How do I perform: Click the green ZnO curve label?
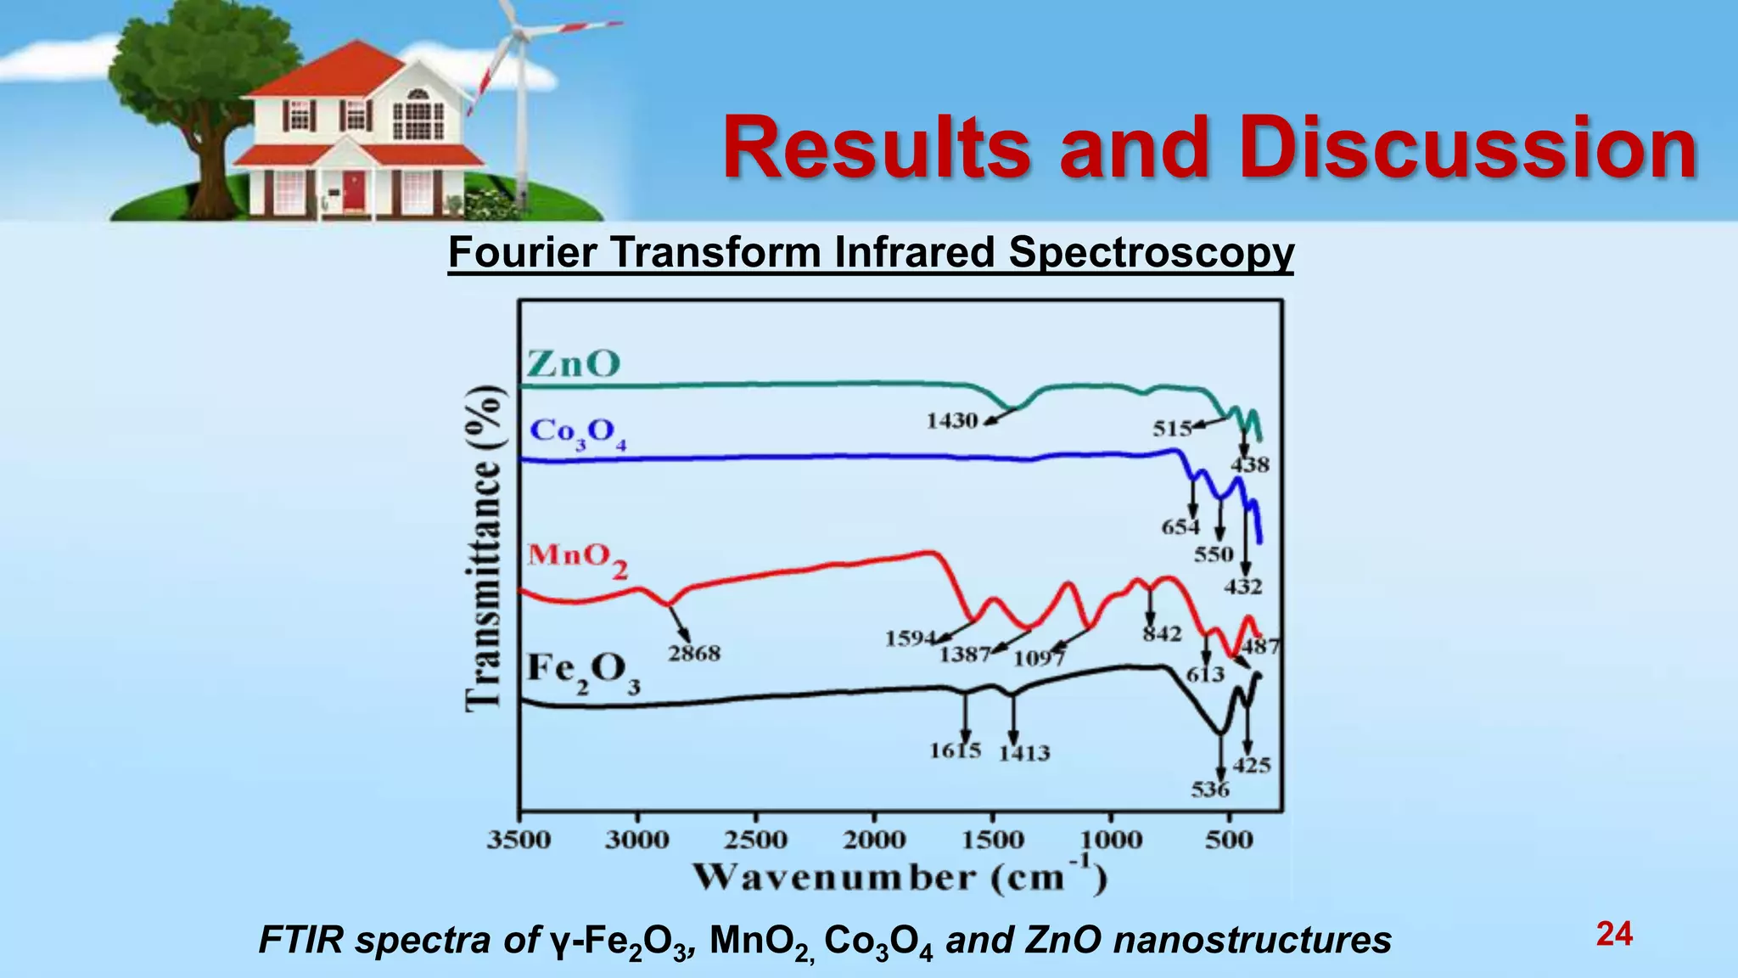[x=574, y=364]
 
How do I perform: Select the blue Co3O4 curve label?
[x=578, y=433]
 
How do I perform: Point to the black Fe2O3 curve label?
[x=583, y=672]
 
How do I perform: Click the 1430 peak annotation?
[x=951, y=421]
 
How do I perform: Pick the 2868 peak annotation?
[x=693, y=654]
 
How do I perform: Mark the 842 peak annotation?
[x=1162, y=634]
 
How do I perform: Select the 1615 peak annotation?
[x=955, y=750]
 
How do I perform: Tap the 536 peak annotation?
[x=1210, y=790]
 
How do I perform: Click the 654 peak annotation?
[x=1180, y=527]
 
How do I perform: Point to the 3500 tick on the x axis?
[x=519, y=840]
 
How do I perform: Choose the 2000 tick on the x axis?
[x=874, y=840]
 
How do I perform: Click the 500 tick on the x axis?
[x=1229, y=840]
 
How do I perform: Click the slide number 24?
[x=1614, y=934]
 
